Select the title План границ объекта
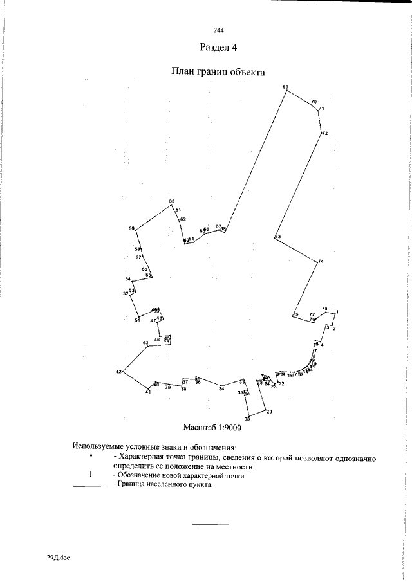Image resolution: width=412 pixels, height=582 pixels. click(218, 72)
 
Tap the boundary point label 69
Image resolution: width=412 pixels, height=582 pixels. click(286, 87)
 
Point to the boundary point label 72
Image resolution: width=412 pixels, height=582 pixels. click(325, 134)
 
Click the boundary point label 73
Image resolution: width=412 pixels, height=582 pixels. click(278, 237)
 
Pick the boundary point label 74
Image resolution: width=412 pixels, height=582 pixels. click(321, 260)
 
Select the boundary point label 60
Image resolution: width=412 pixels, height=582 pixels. click(172, 202)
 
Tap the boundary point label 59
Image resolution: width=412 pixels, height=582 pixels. click(131, 229)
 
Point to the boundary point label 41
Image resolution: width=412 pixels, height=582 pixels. click(147, 392)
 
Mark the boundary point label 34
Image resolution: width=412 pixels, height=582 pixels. click(221, 389)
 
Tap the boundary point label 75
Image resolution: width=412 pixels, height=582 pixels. click(295, 314)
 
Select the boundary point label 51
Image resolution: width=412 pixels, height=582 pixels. click(137, 320)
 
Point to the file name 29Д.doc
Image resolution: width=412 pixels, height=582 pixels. click(58, 558)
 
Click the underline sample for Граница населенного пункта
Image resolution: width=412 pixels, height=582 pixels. click(90, 487)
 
